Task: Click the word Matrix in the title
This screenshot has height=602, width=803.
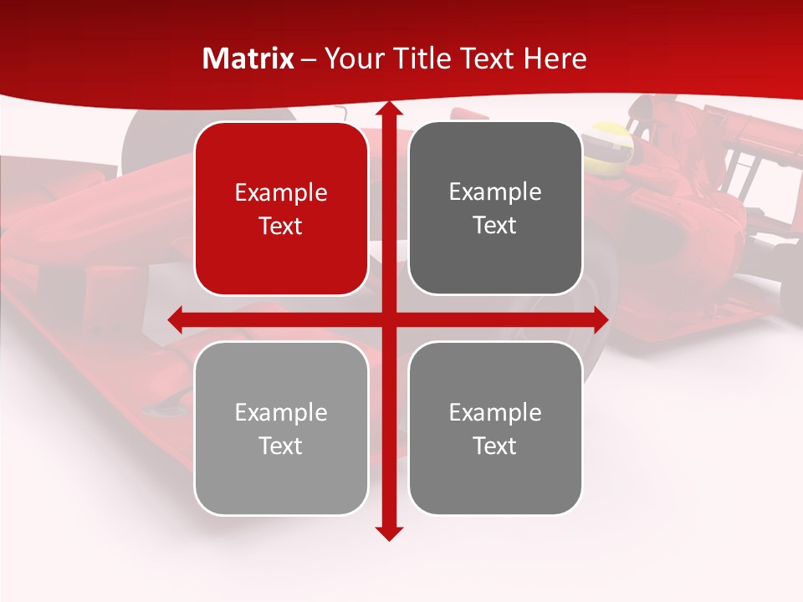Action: [248, 59]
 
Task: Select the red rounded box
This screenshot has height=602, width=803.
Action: [281, 209]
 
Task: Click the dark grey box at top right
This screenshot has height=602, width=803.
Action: [495, 208]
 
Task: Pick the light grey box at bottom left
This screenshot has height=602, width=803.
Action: [281, 428]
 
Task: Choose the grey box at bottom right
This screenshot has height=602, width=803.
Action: [495, 428]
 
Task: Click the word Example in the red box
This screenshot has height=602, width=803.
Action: [281, 192]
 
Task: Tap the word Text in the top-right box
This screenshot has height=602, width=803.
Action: [495, 225]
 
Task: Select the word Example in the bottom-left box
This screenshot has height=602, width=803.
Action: [281, 412]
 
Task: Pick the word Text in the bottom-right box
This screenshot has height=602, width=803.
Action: [495, 446]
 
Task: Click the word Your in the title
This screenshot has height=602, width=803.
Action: [350, 59]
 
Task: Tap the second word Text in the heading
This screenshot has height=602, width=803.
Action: [487, 59]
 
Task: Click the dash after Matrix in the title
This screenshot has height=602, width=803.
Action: [309, 59]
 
